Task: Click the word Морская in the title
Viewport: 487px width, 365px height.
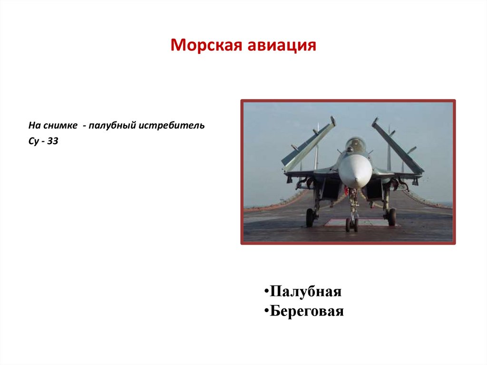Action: [206, 46]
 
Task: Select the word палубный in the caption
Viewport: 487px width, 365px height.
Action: [113, 126]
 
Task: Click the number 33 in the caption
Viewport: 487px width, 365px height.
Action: [52, 142]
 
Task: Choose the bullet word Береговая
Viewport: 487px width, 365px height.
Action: [307, 312]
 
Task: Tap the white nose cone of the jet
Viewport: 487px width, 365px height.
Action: [355, 170]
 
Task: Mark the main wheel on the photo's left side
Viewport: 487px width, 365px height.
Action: [310, 217]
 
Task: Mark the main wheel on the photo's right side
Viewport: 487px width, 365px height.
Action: [391, 217]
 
